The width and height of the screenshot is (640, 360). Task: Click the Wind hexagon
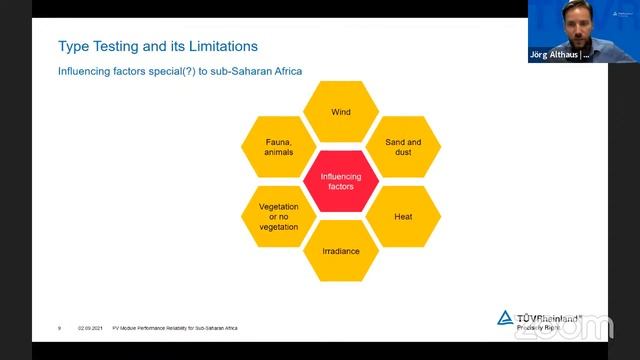tap(341, 112)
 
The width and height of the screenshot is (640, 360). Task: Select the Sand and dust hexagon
tap(403, 147)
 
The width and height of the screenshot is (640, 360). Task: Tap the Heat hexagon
tap(403, 216)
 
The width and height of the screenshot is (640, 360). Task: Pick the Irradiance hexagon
tap(341, 251)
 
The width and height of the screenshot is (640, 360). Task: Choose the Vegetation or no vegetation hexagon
tap(279, 216)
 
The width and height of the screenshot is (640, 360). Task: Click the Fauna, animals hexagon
tap(279, 147)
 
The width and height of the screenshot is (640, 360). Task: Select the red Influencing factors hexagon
tap(341, 181)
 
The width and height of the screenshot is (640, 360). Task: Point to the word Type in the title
tap(77, 45)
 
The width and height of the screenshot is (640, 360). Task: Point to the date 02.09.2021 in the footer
tap(91, 327)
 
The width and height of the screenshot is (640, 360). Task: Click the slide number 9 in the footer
tap(60, 327)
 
